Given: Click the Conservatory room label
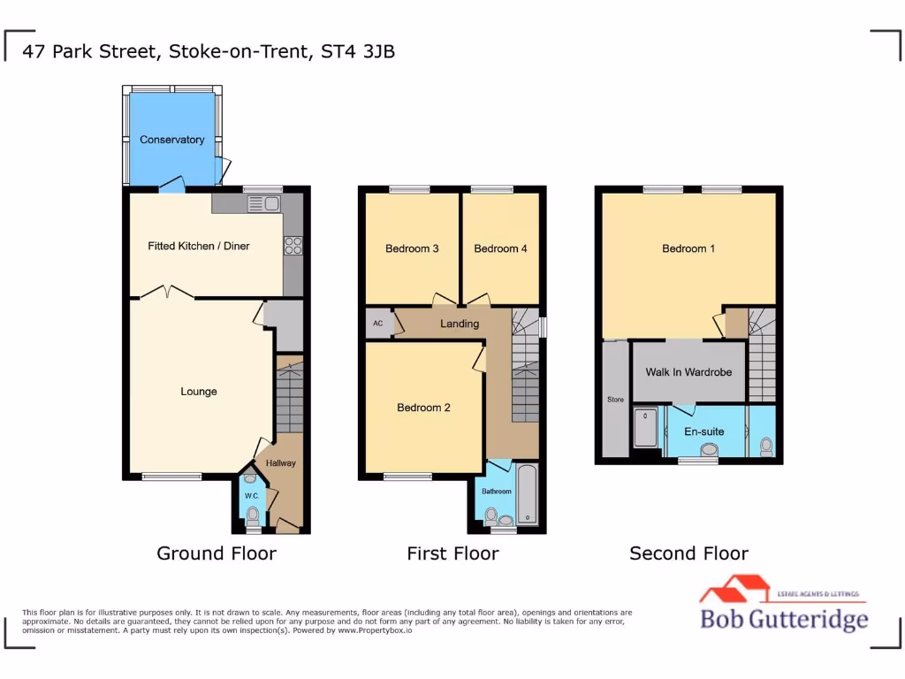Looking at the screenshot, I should (171, 140).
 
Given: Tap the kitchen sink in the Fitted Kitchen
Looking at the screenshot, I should (263, 204).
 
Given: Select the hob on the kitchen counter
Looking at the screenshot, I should (293, 247).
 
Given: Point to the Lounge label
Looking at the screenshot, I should (199, 392).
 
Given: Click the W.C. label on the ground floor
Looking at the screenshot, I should (251, 497).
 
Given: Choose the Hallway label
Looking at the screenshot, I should (281, 463).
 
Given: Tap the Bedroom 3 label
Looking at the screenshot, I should (412, 248).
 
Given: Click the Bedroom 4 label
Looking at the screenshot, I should (500, 248).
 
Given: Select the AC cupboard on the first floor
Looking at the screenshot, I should (378, 324).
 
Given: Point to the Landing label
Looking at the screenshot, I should (460, 324).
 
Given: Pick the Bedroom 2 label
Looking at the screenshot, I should (423, 408).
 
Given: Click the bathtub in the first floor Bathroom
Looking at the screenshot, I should (527, 495).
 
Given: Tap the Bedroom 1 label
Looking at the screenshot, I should (688, 248).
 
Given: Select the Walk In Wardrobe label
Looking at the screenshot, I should (688, 372).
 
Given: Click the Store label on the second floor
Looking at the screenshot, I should (615, 400).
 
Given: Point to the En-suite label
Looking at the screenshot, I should (703, 431).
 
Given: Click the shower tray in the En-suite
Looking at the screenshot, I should (646, 428).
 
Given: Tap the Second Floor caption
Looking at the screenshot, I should (688, 554).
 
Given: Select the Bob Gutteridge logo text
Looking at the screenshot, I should (784, 620).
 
